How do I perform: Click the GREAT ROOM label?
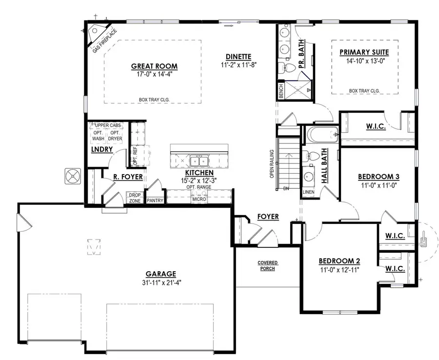154,66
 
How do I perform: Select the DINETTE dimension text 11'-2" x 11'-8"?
238,64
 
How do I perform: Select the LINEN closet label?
308,192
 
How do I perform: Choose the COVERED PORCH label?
267,266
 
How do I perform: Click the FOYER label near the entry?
268,217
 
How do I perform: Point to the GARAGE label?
160,274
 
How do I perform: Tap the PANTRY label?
155,200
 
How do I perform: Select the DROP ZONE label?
134,198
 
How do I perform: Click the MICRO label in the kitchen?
199,200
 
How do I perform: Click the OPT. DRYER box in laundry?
115,136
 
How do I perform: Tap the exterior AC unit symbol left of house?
74,176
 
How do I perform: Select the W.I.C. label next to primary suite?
376,127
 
